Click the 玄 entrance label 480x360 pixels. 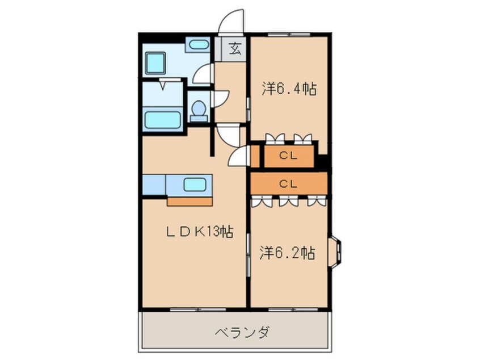234,48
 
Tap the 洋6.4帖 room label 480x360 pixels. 289,89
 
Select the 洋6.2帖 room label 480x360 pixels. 288,253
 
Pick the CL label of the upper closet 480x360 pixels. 289,156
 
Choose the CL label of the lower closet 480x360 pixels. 289,183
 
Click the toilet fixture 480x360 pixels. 198,110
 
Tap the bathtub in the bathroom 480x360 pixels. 162,120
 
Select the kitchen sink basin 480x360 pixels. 194,184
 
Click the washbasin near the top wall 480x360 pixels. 197,45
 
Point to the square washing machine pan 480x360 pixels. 155,62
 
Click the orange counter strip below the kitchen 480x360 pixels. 190,200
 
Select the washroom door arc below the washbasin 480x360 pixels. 202,74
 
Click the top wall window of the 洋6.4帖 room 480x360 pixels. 289,35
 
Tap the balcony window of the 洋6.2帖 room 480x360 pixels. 289,309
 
